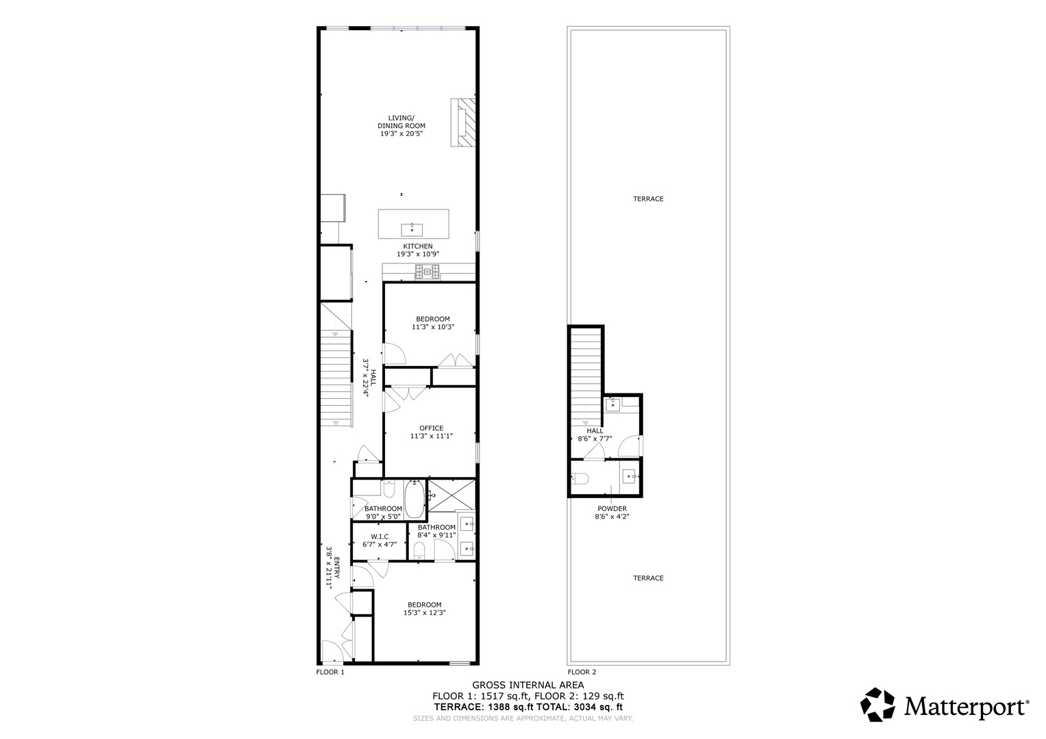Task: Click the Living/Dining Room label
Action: (x=401, y=122)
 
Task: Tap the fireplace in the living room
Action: (x=463, y=122)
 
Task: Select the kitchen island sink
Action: (x=412, y=230)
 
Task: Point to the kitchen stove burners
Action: (x=427, y=272)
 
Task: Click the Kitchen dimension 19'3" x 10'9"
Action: (x=418, y=255)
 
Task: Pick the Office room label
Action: (x=431, y=428)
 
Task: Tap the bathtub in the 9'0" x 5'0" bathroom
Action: (x=414, y=500)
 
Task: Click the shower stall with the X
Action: (x=451, y=495)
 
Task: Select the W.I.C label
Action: (x=379, y=536)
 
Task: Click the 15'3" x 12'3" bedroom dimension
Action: (x=425, y=612)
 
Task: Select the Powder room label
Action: (x=612, y=508)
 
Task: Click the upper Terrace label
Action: (x=648, y=198)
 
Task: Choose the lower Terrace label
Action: (x=648, y=578)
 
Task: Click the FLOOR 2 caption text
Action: (x=582, y=672)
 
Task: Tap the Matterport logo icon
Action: (x=877, y=704)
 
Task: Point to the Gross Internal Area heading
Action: (x=527, y=685)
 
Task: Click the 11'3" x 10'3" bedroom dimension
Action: (x=433, y=327)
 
